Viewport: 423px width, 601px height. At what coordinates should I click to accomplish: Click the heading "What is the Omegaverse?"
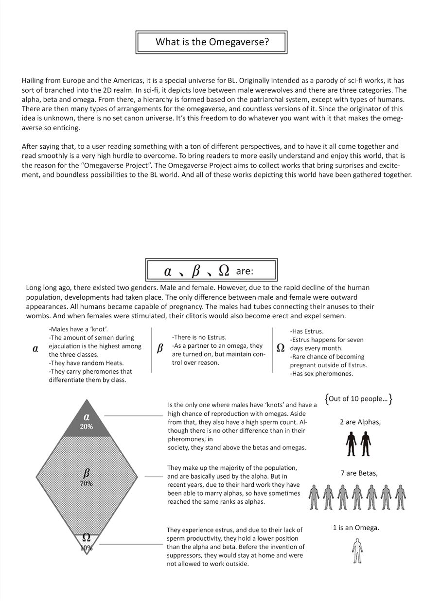(212, 42)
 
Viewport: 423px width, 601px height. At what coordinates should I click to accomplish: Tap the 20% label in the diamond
(86, 427)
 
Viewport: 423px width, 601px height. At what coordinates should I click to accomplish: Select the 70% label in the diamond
(86, 483)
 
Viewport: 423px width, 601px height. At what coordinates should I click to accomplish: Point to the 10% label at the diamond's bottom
(87, 548)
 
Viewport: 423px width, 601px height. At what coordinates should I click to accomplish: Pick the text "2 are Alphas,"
(360, 422)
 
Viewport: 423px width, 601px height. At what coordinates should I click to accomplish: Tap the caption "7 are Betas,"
(359, 473)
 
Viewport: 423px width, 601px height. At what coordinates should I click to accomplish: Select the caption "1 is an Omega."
(356, 528)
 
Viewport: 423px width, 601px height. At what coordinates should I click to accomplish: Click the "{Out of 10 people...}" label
(359, 399)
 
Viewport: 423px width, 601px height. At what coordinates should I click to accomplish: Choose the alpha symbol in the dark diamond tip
(86, 416)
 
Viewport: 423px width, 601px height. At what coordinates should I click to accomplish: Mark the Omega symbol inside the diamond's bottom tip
(86, 537)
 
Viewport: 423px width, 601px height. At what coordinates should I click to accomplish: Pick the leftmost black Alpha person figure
(351, 444)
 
